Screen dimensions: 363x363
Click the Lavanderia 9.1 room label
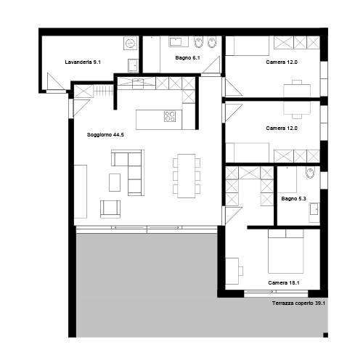pos(83,62)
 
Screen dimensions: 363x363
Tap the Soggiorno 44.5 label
pos(105,135)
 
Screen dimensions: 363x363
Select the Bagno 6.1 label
pos(187,58)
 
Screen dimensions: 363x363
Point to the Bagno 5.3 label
pos(293,199)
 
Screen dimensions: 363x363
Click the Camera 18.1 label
pos(284,282)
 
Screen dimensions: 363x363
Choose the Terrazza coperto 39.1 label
pos(298,303)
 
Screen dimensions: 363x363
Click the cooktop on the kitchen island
pos(170,116)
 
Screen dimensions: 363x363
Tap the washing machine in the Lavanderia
pos(131,44)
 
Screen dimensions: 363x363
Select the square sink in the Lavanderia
pos(133,65)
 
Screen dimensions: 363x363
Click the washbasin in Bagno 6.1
pos(179,41)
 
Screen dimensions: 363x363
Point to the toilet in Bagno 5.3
pos(310,172)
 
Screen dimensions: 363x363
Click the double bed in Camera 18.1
pos(286,251)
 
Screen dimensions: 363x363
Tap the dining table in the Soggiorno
pos(187,176)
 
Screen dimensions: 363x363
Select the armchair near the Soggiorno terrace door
pos(110,209)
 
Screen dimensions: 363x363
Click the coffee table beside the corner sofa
pos(115,182)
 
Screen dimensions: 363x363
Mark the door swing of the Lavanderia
pos(55,82)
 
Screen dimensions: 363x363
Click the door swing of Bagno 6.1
pos(211,65)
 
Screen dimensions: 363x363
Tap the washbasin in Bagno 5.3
pos(314,209)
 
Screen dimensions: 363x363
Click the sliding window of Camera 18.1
pos(276,292)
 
